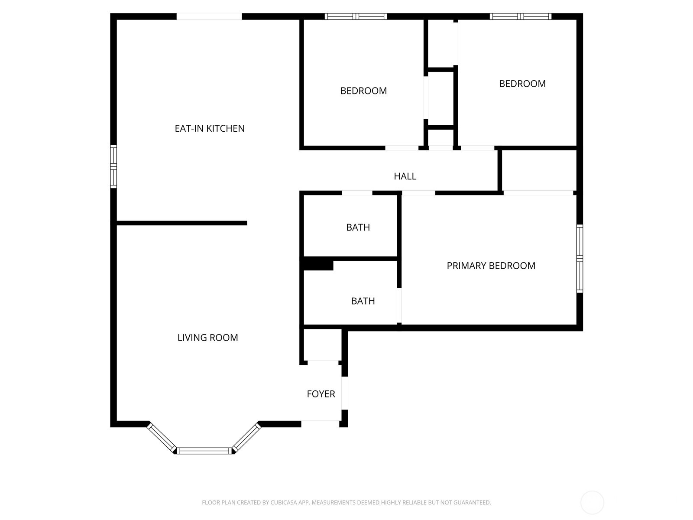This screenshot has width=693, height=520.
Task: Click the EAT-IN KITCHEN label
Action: click(210, 129)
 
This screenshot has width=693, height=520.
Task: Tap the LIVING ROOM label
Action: click(208, 338)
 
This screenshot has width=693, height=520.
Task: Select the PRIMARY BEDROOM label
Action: click(491, 266)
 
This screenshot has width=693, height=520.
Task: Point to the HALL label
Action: click(405, 176)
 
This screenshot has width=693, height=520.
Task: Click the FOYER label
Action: click(321, 394)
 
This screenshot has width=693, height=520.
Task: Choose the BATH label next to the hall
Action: click(358, 227)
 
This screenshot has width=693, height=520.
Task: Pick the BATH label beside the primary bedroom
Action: click(363, 301)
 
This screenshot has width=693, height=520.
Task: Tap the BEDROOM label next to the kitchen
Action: click(363, 91)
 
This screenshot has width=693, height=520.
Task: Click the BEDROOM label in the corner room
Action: click(522, 84)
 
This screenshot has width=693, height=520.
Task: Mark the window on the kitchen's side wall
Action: click(113, 166)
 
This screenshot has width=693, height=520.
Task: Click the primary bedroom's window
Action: click(580, 259)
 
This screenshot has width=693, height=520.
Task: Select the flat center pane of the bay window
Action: click(204, 451)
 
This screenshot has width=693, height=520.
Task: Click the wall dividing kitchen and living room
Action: click(182, 223)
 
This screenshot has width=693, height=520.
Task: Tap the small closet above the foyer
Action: click(322, 345)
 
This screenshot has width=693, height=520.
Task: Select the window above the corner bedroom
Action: click(521, 16)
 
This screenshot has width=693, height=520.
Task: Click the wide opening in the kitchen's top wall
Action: click(209, 16)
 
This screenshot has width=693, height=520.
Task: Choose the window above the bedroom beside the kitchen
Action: click(356, 16)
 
